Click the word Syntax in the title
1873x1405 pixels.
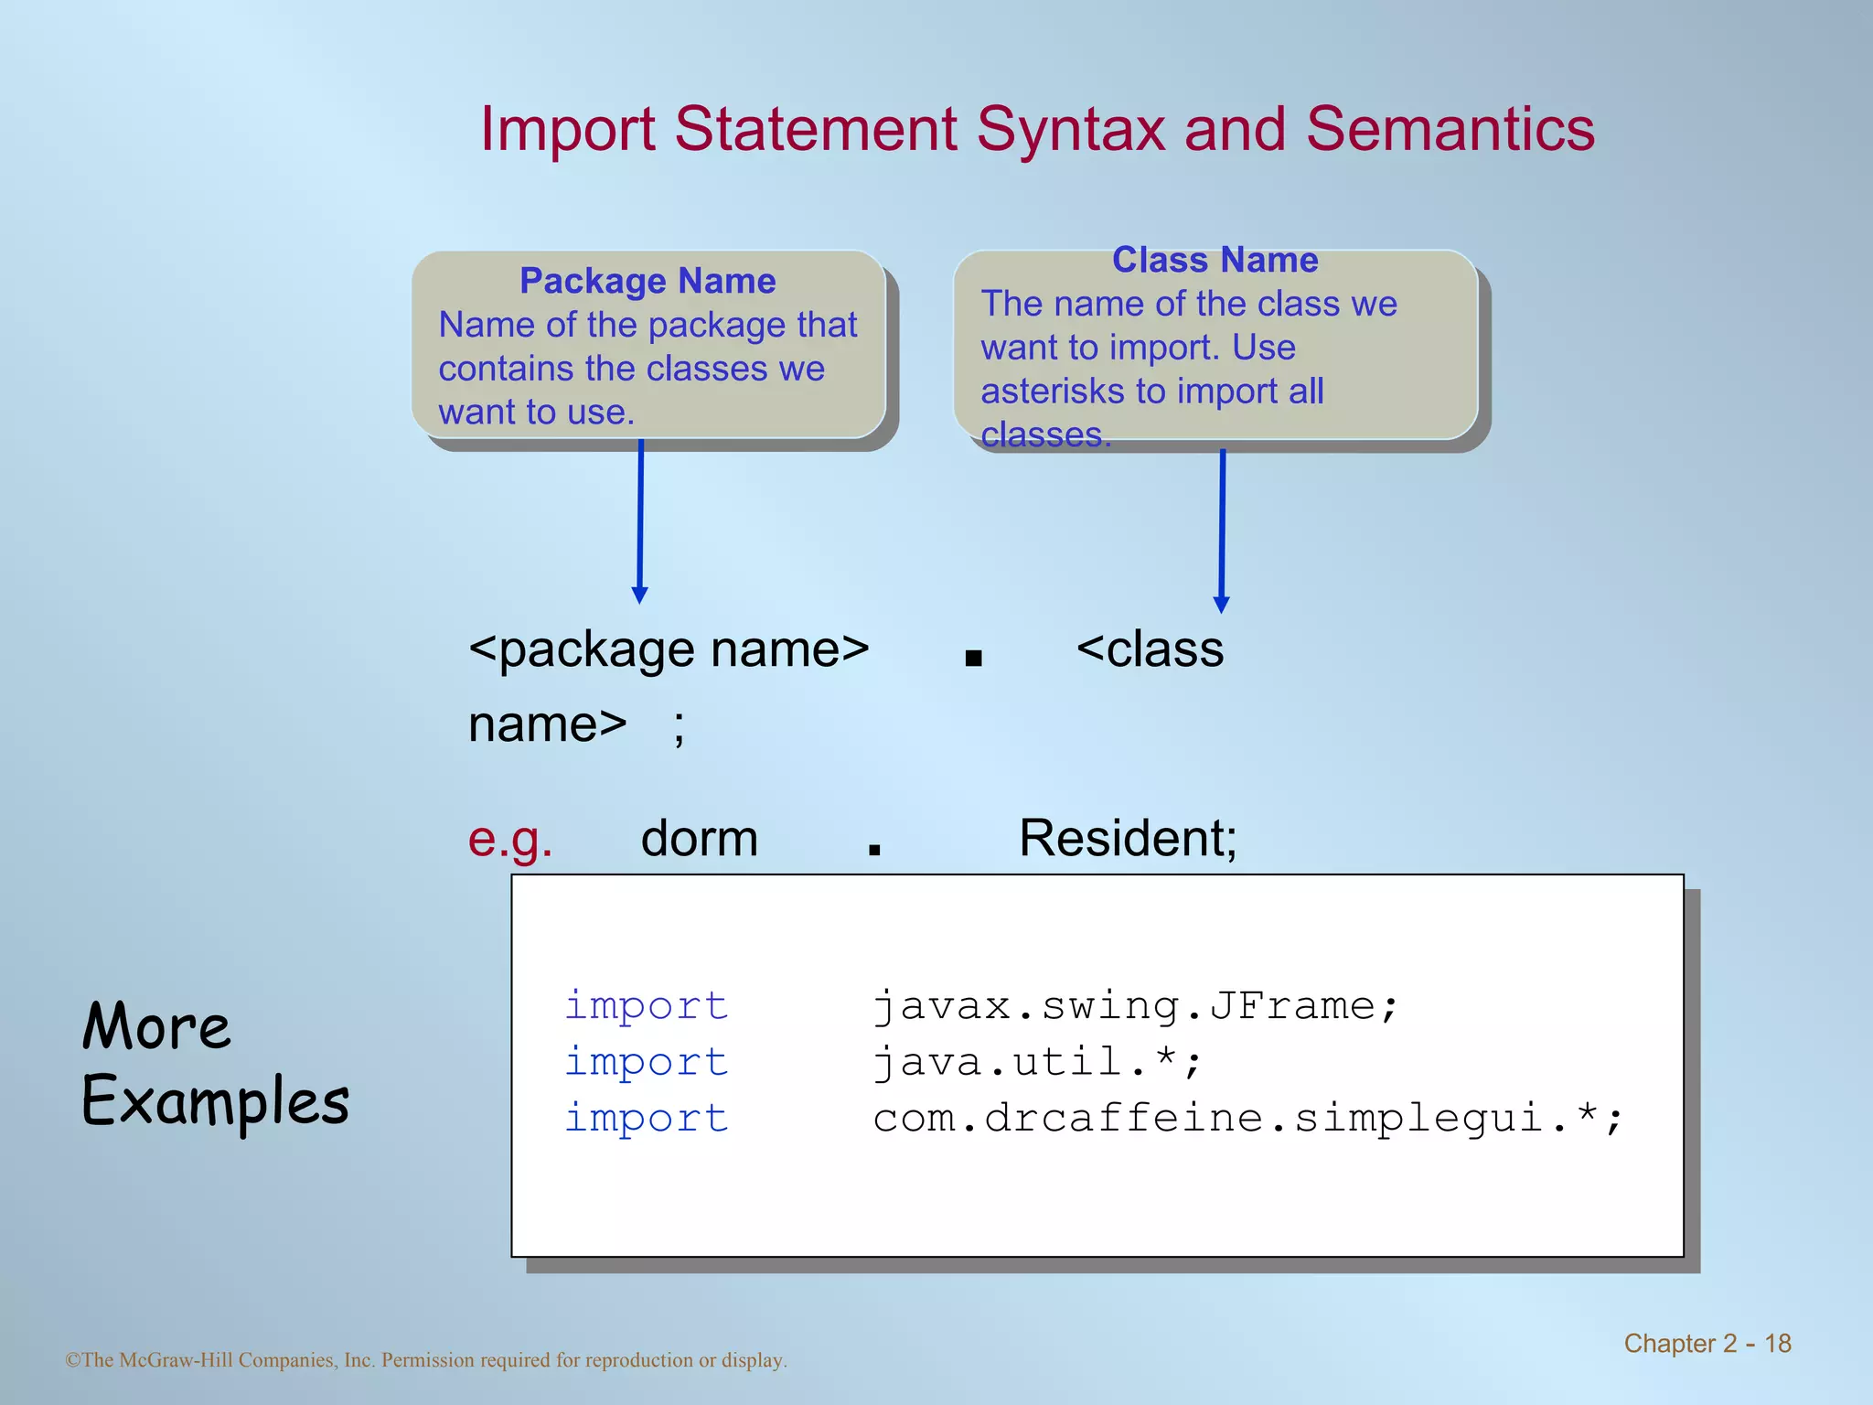tap(1071, 130)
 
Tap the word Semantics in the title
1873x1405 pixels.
tap(1450, 130)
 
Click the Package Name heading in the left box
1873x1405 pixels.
tap(648, 281)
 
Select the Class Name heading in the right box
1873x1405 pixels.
tap(1215, 261)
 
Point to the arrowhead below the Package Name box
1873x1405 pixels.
tap(640, 595)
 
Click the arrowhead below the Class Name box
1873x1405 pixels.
tap(1221, 605)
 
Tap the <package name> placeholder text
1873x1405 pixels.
tap(669, 650)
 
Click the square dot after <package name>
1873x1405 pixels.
tap(973, 658)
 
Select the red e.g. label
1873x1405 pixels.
tap(510, 839)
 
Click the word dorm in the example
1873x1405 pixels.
tap(700, 839)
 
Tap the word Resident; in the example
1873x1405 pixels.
tap(1128, 839)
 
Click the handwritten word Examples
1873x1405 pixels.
tap(216, 1101)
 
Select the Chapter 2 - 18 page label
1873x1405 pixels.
tap(1707, 1343)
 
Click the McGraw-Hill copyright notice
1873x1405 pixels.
tap(426, 1360)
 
